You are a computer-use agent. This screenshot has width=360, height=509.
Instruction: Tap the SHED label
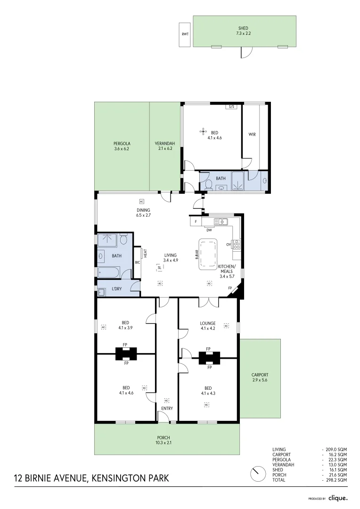243,28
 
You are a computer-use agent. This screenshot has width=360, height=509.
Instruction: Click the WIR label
252,134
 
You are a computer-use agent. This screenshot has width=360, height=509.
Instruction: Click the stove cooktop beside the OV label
237,244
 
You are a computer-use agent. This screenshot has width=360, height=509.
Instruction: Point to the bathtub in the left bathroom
109,272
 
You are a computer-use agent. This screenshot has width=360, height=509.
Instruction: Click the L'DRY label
117,289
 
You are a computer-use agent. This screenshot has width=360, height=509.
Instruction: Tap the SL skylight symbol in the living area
160,267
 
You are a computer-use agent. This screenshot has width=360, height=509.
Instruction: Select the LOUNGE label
208,323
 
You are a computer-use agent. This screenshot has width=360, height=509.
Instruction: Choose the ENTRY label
167,408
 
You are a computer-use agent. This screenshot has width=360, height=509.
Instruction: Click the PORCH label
164,438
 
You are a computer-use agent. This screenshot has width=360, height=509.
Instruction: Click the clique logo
338,498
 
